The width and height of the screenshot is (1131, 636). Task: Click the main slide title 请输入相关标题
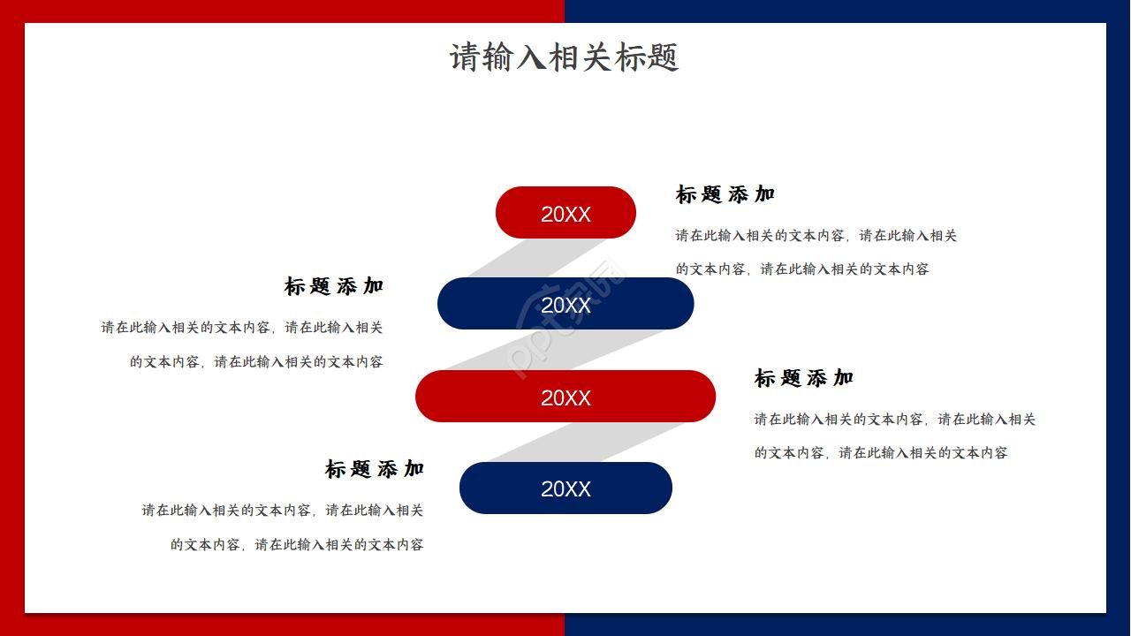(564, 57)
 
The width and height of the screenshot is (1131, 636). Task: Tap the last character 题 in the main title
(663, 57)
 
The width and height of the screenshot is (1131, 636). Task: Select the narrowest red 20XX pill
(565, 213)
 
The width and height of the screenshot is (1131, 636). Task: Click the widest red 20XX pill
(565, 397)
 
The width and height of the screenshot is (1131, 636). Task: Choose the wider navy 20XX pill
(565, 304)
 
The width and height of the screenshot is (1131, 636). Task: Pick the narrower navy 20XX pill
(565, 488)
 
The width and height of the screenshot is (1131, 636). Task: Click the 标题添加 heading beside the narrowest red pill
(725, 194)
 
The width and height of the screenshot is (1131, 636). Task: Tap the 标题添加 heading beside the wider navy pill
(334, 286)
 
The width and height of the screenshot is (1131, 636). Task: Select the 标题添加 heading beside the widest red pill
(803, 378)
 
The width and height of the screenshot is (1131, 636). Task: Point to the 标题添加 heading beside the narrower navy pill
(375, 469)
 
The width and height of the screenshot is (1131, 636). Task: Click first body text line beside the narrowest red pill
(816, 236)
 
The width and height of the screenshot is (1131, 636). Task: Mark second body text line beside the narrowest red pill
(802, 269)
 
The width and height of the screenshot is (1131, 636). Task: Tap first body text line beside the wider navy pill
(242, 328)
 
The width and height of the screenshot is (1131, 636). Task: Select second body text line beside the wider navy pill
(256, 361)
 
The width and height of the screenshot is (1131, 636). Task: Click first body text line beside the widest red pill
(894, 420)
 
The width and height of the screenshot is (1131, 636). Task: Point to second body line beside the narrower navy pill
(297, 545)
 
